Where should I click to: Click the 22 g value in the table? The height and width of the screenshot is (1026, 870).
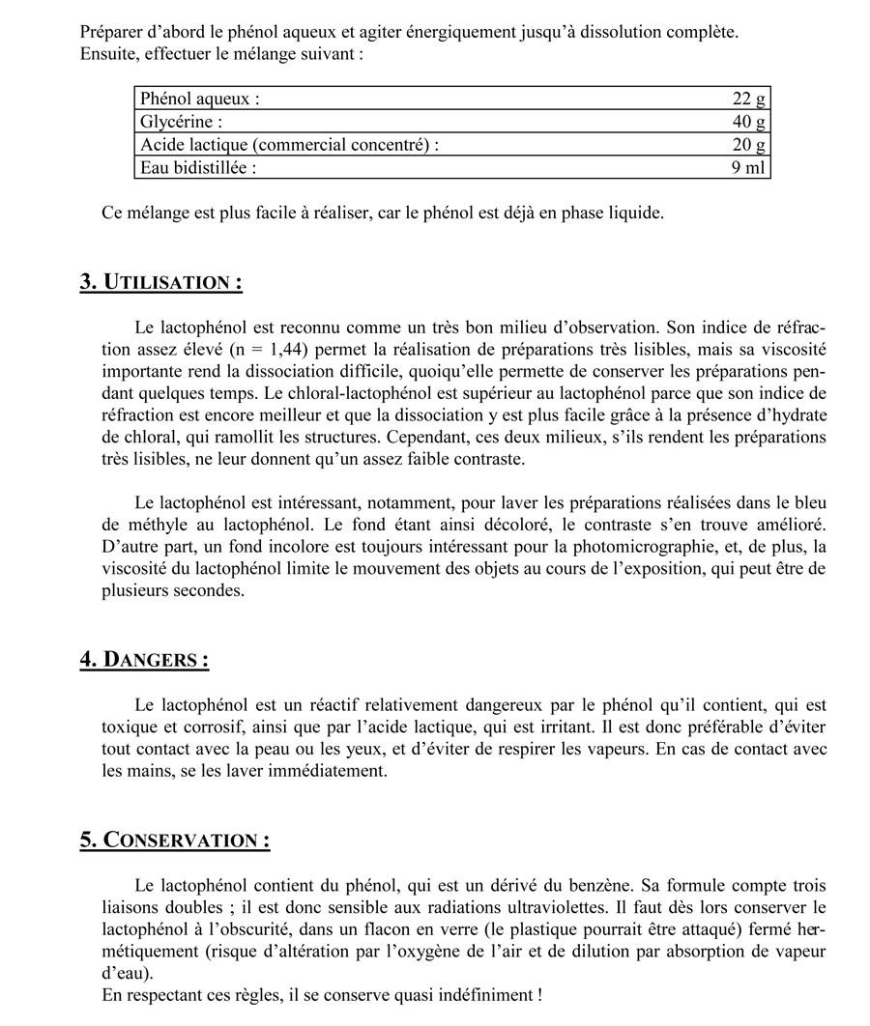(749, 99)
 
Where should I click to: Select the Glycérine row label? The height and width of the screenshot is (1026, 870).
(182, 122)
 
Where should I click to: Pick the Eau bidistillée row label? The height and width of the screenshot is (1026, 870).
(199, 168)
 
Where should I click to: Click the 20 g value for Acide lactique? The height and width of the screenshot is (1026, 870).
(749, 145)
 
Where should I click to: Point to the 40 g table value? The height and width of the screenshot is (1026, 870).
(749, 122)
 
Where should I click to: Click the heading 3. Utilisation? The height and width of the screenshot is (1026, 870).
(160, 283)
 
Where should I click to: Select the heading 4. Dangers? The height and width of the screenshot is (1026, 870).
(144, 660)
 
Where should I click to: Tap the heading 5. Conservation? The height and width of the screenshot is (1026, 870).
(175, 840)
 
